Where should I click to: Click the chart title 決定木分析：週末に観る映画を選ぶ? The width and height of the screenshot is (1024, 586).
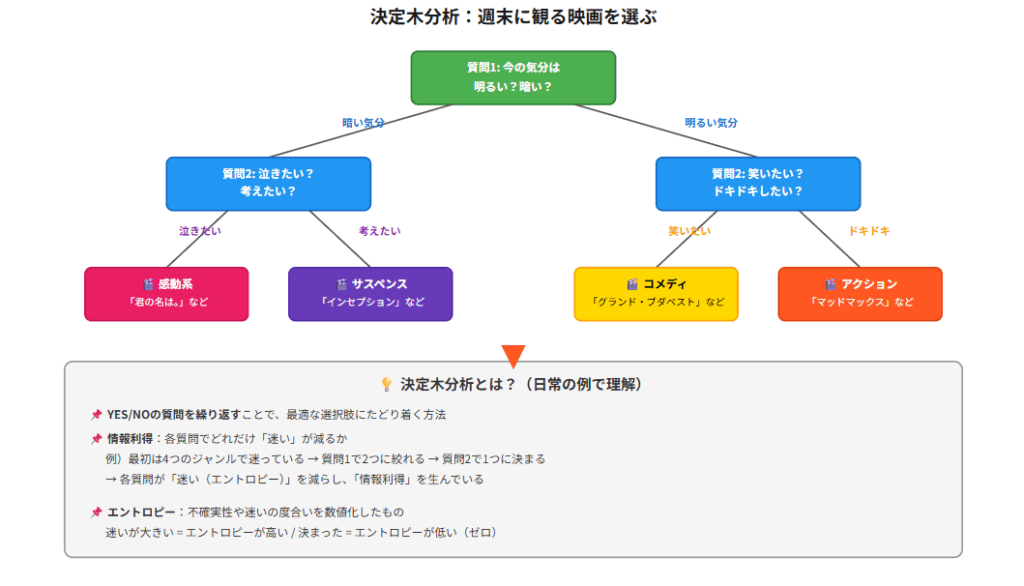(513, 17)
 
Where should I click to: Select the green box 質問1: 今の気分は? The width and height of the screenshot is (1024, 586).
(513, 77)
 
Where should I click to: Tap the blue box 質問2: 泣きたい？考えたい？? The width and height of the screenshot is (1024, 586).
(268, 182)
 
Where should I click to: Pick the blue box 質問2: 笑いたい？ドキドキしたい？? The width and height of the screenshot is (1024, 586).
(757, 182)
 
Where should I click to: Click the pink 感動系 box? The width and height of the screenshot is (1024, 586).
(166, 293)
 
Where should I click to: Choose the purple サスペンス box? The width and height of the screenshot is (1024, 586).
(370, 293)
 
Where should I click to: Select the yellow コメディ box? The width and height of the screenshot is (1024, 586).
(656, 293)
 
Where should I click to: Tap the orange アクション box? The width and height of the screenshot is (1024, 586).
(860, 293)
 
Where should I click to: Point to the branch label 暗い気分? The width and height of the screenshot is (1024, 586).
(364, 123)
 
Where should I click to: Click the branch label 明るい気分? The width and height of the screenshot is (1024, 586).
(711, 123)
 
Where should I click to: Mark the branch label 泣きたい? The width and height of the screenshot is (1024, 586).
(200, 231)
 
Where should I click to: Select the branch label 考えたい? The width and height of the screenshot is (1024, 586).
(380, 231)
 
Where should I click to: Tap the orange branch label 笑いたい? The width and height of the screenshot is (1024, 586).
(689, 231)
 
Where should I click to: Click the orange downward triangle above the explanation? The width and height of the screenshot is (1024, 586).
(513, 355)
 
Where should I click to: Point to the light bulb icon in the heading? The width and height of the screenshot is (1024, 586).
(386, 385)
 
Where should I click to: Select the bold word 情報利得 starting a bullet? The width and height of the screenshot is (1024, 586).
(130, 438)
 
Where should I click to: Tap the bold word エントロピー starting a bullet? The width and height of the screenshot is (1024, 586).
(141, 512)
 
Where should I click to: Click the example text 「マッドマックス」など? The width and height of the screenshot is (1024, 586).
(860, 302)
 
